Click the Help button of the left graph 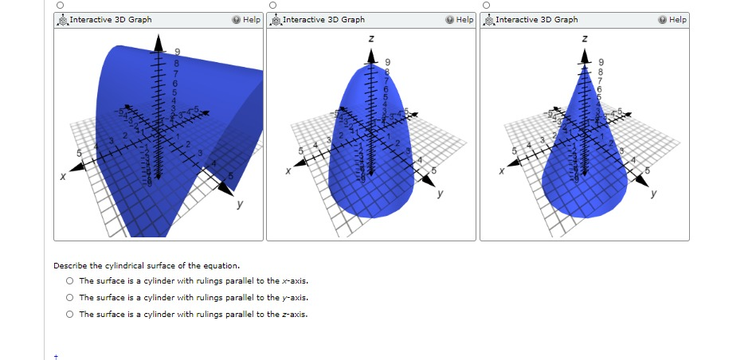pyautogui.click(x=247, y=19)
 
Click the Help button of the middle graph pyautogui.click(x=460, y=19)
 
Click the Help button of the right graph pyautogui.click(x=673, y=19)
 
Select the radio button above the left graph pyautogui.click(x=60, y=5)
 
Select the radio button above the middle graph pyautogui.click(x=272, y=5)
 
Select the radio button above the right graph pyautogui.click(x=485, y=5)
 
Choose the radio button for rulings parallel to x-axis pyautogui.click(x=70, y=281)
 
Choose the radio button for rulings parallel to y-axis pyautogui.click(x=70, y=298)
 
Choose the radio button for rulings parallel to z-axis pyautogui.click(x=70, y=315)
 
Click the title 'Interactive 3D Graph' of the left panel pyautogui.click(x=110, y=19)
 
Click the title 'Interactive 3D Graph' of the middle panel pyautogui.click(x=323, y=19)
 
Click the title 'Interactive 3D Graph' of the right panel pyautogui.click(x=537, y=19)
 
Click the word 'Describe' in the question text pyautogui.click(x=70, y=265)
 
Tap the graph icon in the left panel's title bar pyautogui.click(x=62, y=19)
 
